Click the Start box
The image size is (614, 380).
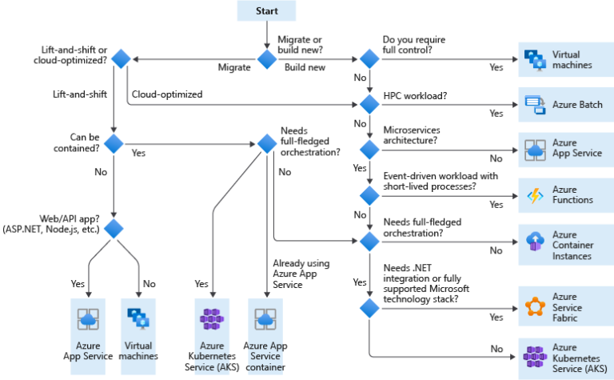267,11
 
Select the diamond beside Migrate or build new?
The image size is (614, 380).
266,58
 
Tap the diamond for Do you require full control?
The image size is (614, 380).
369,58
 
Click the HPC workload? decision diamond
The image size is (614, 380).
369,103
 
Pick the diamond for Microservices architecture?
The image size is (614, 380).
369,149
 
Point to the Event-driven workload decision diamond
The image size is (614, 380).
369,194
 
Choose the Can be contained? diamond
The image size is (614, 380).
114,144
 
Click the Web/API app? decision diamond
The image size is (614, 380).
114,228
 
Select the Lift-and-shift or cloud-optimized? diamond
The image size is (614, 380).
121,58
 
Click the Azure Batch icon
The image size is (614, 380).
534,103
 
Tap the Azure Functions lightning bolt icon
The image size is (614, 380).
534,194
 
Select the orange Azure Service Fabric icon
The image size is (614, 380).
534,308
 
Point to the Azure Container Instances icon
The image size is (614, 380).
534,240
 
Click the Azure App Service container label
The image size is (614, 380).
266,356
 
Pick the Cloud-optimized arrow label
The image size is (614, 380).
166,94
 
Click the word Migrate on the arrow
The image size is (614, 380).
234,67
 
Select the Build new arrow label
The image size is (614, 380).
305,67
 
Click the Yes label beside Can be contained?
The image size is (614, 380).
138,152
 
